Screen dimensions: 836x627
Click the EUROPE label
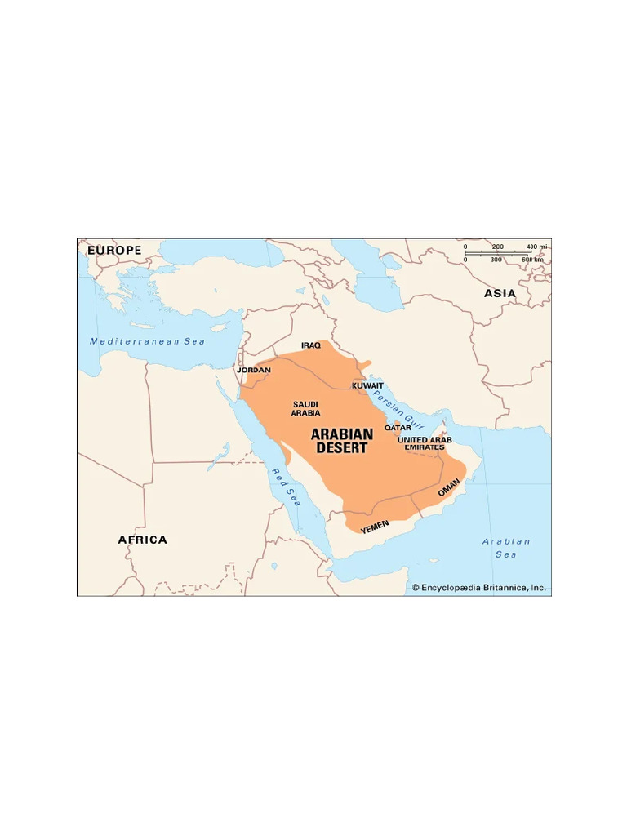click(x=114, y=250)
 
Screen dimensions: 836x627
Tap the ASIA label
click(x=500, y=293)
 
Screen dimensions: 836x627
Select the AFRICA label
click(x=142, y=540)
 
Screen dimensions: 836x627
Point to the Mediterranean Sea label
click(x=147, y=341)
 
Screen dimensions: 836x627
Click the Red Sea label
click(x=287, y=487)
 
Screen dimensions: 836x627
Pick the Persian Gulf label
click(x=398, y=409)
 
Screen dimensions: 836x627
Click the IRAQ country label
click(x=310, y=345)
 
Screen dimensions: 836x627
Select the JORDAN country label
click(x=253, y=370)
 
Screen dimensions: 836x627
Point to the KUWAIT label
click(x=367, y=385)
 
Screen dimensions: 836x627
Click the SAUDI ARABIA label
click(x=305, y=408)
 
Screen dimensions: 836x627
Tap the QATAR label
click(x=398, y=427)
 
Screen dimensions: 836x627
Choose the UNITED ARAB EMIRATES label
click(x=425, y=443)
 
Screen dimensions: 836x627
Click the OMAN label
click(x=449, y=487)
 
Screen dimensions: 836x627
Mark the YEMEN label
click(x=375, y=527)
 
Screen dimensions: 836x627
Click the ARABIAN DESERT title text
click(x=341, y=441)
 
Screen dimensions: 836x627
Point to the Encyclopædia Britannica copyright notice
click(x=478, y=587)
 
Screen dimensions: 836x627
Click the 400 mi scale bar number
click(x=536, y=247)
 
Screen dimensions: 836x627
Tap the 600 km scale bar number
click(x=532, y=260)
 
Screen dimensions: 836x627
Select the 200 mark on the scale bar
click(x=498, y=247)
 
